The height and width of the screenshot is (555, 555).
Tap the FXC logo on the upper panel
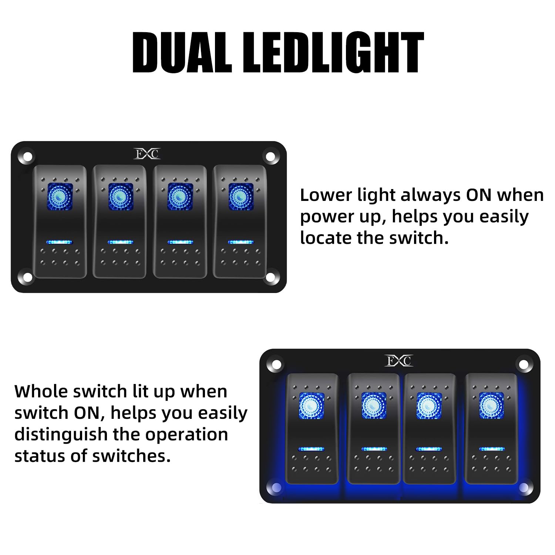click(147, 154)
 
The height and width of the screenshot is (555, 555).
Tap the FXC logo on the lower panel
click(398, 360)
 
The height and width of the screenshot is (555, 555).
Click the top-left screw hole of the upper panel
click(27, 157)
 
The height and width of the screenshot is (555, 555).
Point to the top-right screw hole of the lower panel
click(523, 365)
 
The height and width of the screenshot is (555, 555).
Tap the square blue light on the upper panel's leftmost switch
click(60, 196)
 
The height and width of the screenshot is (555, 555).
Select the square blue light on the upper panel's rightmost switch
click(240, 196)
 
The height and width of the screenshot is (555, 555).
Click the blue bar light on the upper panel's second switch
click(120, 242)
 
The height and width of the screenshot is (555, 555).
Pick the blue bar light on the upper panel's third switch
click(180, 242)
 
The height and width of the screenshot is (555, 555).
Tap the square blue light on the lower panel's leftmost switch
click(312, 405)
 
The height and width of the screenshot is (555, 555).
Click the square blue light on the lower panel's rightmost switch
click(491, 405)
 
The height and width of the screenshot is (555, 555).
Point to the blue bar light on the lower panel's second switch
click(374, 449)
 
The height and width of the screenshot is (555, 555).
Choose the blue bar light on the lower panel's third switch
click(429, 449)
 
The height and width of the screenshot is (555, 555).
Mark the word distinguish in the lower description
click(61, 434)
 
